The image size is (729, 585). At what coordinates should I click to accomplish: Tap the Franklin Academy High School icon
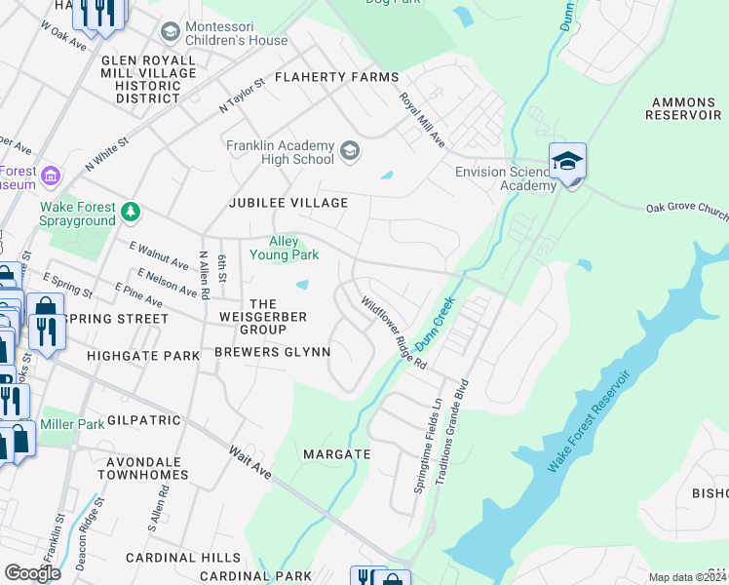(x=350, y=152)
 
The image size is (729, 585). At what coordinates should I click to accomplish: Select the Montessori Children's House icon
(x=171, y=33)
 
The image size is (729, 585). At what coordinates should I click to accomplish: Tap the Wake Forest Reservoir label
(x=588, y=422)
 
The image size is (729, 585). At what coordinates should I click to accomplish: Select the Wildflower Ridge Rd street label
(x=395, y=332)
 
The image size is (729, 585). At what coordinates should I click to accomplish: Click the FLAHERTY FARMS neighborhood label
(x=336, y=77)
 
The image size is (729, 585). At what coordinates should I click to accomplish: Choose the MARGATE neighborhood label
(x=336, y=454)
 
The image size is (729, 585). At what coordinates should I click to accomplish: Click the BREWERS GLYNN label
(x=272, y=352)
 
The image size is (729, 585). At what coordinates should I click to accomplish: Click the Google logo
(x=32, y=572)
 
